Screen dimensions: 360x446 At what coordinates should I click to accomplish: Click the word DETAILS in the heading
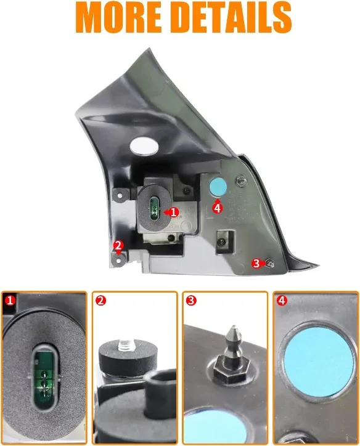coord(232,18)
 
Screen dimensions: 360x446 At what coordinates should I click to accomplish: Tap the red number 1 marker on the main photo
coord(173,212)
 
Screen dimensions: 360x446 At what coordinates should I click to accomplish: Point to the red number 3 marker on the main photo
coord(256,263)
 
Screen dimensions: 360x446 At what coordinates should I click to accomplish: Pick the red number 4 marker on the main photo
coord(218,208)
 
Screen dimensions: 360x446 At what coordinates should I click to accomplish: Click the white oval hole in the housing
coord(144,146)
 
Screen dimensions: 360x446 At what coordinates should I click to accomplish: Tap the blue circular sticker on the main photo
coord(218,187)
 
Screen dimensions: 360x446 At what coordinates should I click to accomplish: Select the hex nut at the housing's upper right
coord(241,180)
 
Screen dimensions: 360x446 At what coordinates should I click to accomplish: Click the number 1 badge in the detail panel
coord(10,301)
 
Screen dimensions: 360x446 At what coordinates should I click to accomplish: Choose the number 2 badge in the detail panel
coord(100,301)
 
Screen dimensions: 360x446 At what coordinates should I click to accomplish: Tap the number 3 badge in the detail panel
coord(191,301)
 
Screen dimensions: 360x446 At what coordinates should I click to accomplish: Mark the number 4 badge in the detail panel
coord(282,301)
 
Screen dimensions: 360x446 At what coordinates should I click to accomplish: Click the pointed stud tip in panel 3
coord(234,327)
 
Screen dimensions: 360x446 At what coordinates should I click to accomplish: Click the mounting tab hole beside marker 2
coord(118,260)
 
